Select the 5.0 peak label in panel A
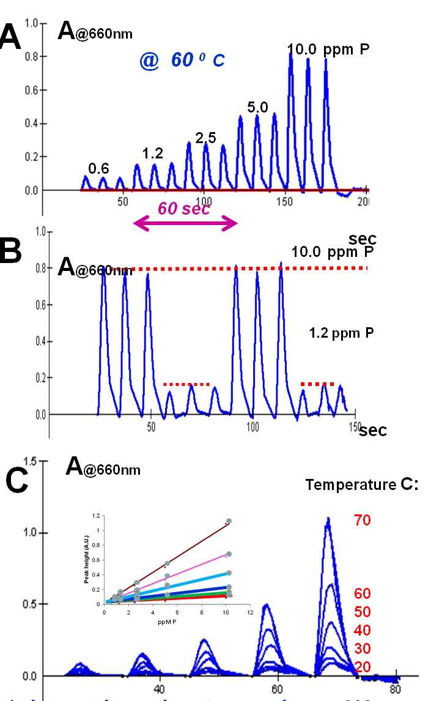[x=257, y=108]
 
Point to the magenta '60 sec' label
[x=183, y=209]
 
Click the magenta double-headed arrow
[x=185, y=224]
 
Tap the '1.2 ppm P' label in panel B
[x=341, y=333]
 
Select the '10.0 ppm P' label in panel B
[x=331, y=252]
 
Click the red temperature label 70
[x=361, y=521]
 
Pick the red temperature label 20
[x=361, y=667]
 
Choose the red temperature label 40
[x=361, y=630]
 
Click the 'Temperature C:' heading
[x=362, y=485]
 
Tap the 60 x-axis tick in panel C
[x=278, y=688]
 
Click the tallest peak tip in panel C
[x=328, y=519]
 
